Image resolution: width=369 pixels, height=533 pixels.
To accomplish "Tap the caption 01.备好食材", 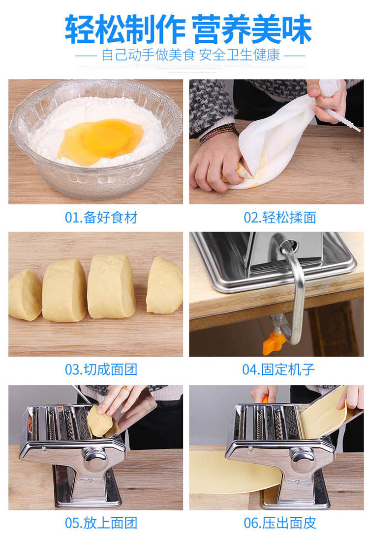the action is (x=101, y=218).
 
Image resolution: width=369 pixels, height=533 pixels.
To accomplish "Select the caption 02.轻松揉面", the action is (x=280, y=218).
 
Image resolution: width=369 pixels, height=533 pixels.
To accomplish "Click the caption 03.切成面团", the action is (x=101, y=369).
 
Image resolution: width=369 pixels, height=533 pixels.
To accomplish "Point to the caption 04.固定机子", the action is (x=278, y=369).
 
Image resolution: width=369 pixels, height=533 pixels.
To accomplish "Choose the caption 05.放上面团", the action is (x=101, y=523).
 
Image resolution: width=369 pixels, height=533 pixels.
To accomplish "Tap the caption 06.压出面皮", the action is (x=280, y=523).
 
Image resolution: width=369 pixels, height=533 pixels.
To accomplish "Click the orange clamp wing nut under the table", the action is (x=273, y=342).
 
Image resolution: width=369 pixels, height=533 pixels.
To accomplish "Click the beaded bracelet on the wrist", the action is (x=219, y=133).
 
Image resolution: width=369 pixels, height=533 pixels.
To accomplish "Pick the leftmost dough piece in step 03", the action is (x=25, y=295).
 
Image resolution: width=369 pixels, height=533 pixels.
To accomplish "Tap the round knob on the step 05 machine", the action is (x=95, y=458).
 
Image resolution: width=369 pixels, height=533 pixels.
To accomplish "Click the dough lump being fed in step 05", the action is (x=100, y=421).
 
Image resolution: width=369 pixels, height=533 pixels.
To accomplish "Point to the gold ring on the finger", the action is (x=125, y=388).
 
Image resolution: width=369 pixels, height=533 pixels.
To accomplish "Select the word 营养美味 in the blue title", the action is (x=251, y=29).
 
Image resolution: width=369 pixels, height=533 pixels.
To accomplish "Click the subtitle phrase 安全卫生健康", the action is (x=239, y=55).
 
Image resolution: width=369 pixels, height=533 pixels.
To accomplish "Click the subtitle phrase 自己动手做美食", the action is (x=148, y=55).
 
